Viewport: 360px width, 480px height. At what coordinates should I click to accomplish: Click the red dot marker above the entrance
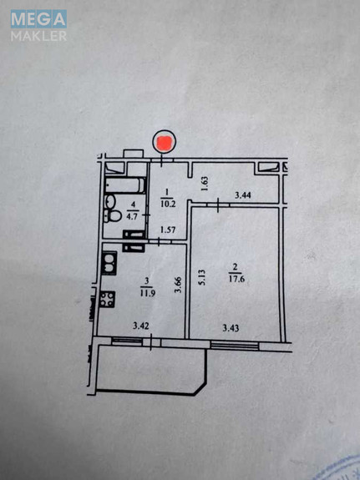click(165, 143)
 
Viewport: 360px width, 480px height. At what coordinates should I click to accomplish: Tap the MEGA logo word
click(38, 19)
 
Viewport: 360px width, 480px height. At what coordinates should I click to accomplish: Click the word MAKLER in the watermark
click(38, 36)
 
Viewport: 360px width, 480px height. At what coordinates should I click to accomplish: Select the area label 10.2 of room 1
click(168, 204)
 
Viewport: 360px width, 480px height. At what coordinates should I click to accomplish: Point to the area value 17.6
click(237, 279)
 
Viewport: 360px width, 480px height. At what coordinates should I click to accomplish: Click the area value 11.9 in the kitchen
click(148, 293)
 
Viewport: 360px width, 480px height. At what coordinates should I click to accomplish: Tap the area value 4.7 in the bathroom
click(134, 215)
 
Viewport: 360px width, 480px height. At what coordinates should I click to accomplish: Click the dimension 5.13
click(201, 277)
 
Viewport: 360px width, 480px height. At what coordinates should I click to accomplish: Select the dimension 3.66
click(178, 285)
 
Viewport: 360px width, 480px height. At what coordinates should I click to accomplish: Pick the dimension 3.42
click(141, 326)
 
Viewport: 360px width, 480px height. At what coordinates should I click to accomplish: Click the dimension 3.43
click(231, 329)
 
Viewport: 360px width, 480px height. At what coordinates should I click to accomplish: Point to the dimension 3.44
click(243, 195)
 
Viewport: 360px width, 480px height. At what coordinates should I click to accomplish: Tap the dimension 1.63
click(205, 184)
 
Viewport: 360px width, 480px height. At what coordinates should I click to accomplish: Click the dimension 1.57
click(168, 230)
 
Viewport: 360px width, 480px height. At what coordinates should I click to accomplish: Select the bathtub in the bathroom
click(125, 184)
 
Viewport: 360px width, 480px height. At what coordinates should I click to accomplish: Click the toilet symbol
click(112, 216)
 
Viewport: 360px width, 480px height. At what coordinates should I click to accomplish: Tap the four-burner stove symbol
click(108, 299)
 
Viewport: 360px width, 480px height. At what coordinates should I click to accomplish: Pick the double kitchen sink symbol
click(109, 263)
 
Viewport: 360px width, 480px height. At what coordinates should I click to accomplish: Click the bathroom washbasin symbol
click(110, 201)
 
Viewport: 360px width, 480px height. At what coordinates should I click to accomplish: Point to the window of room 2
click(235, 346)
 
